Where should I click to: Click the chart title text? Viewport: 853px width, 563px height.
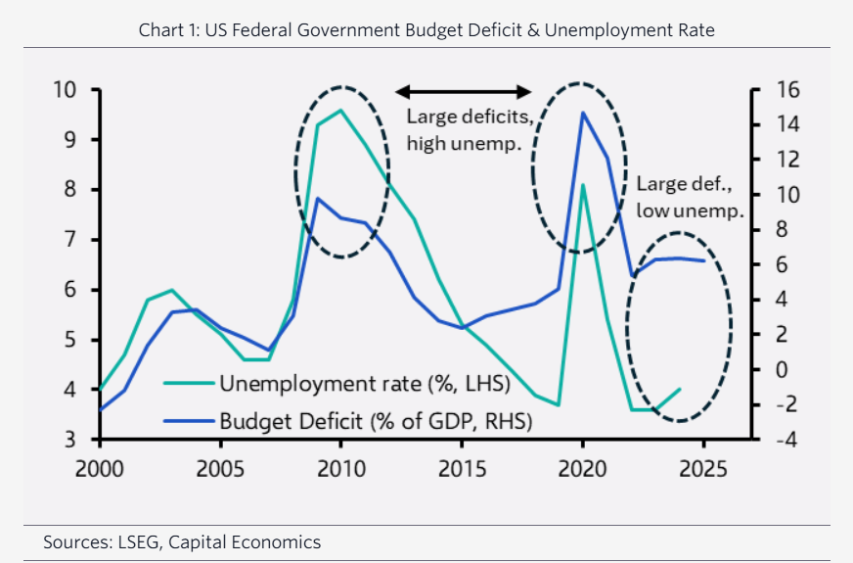426,30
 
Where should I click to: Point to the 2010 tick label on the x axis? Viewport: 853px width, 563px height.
340,469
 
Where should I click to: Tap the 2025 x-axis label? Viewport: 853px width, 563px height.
702,469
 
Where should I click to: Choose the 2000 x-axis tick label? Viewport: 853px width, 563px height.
100,469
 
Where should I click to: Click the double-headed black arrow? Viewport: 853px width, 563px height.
464,91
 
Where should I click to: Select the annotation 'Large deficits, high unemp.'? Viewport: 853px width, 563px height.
469,130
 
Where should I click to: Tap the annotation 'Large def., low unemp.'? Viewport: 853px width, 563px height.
690,197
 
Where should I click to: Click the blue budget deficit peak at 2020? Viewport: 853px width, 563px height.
583,113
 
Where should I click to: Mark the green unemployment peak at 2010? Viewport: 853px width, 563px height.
340,110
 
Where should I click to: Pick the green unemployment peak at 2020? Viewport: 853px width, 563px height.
583,184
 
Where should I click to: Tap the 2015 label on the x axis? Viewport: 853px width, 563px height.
462,469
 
